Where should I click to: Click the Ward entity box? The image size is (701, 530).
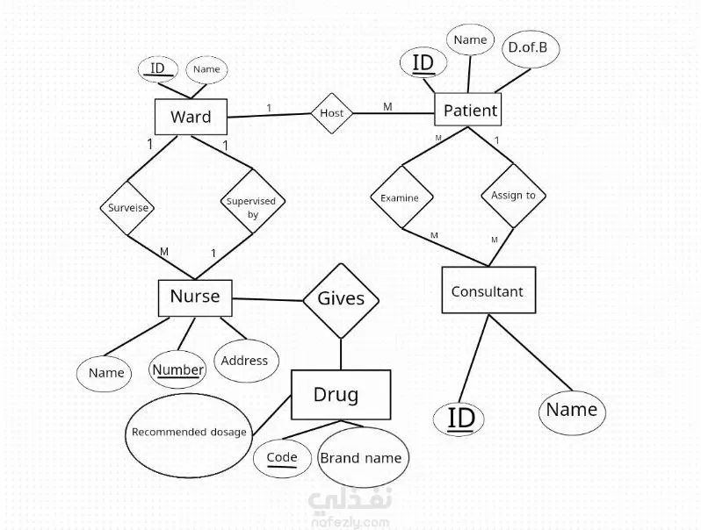pyautogui.click(x=190, y=117)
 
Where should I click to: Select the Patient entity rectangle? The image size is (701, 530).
pyautogui.click(x=470, y=111)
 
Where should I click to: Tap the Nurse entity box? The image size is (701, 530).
pyautogui.click(x=195, y=297)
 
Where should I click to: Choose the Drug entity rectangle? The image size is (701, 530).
pyautogui.click(x=340, y=395)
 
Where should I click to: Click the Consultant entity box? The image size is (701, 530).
pyautogui.click(x=488, y=290)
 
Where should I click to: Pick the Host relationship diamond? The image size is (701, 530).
pyautogui.click(x=332, y=113)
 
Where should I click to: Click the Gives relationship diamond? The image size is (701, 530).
pyautogui.click(x=341, y=299)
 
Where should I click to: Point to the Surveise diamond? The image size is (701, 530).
pyautogui.click(x=128, y=209)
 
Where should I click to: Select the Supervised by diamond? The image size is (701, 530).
pyautogui.click(x=251, y=207)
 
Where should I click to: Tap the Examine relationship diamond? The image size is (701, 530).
pyautogui.click(x=400, y=197)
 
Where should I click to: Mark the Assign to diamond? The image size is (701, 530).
pyautogui.click(x=513, y=196)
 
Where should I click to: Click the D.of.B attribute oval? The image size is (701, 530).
pyautogui.click(x=527, y=48)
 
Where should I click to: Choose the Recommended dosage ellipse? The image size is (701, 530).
pyautogui.click(x=190, y=432)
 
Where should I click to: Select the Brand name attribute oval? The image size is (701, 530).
pyautogui.click(x=360, y=458)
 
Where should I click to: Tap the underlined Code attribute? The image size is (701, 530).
pyautogui.click(x=282, y=457)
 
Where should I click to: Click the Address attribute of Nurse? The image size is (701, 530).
pyautogui.click(x=245, y=361)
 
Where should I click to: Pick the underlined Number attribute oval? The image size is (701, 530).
pyautogui.click(x=178, y=369)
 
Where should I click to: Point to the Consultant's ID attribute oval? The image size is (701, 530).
pyautogui.click(x=460, y=418)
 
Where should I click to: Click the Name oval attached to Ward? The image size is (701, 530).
pyautogui.click(x=206, y=69)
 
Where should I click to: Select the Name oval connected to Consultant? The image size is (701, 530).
pyautogui.click(x=572, y=410)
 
